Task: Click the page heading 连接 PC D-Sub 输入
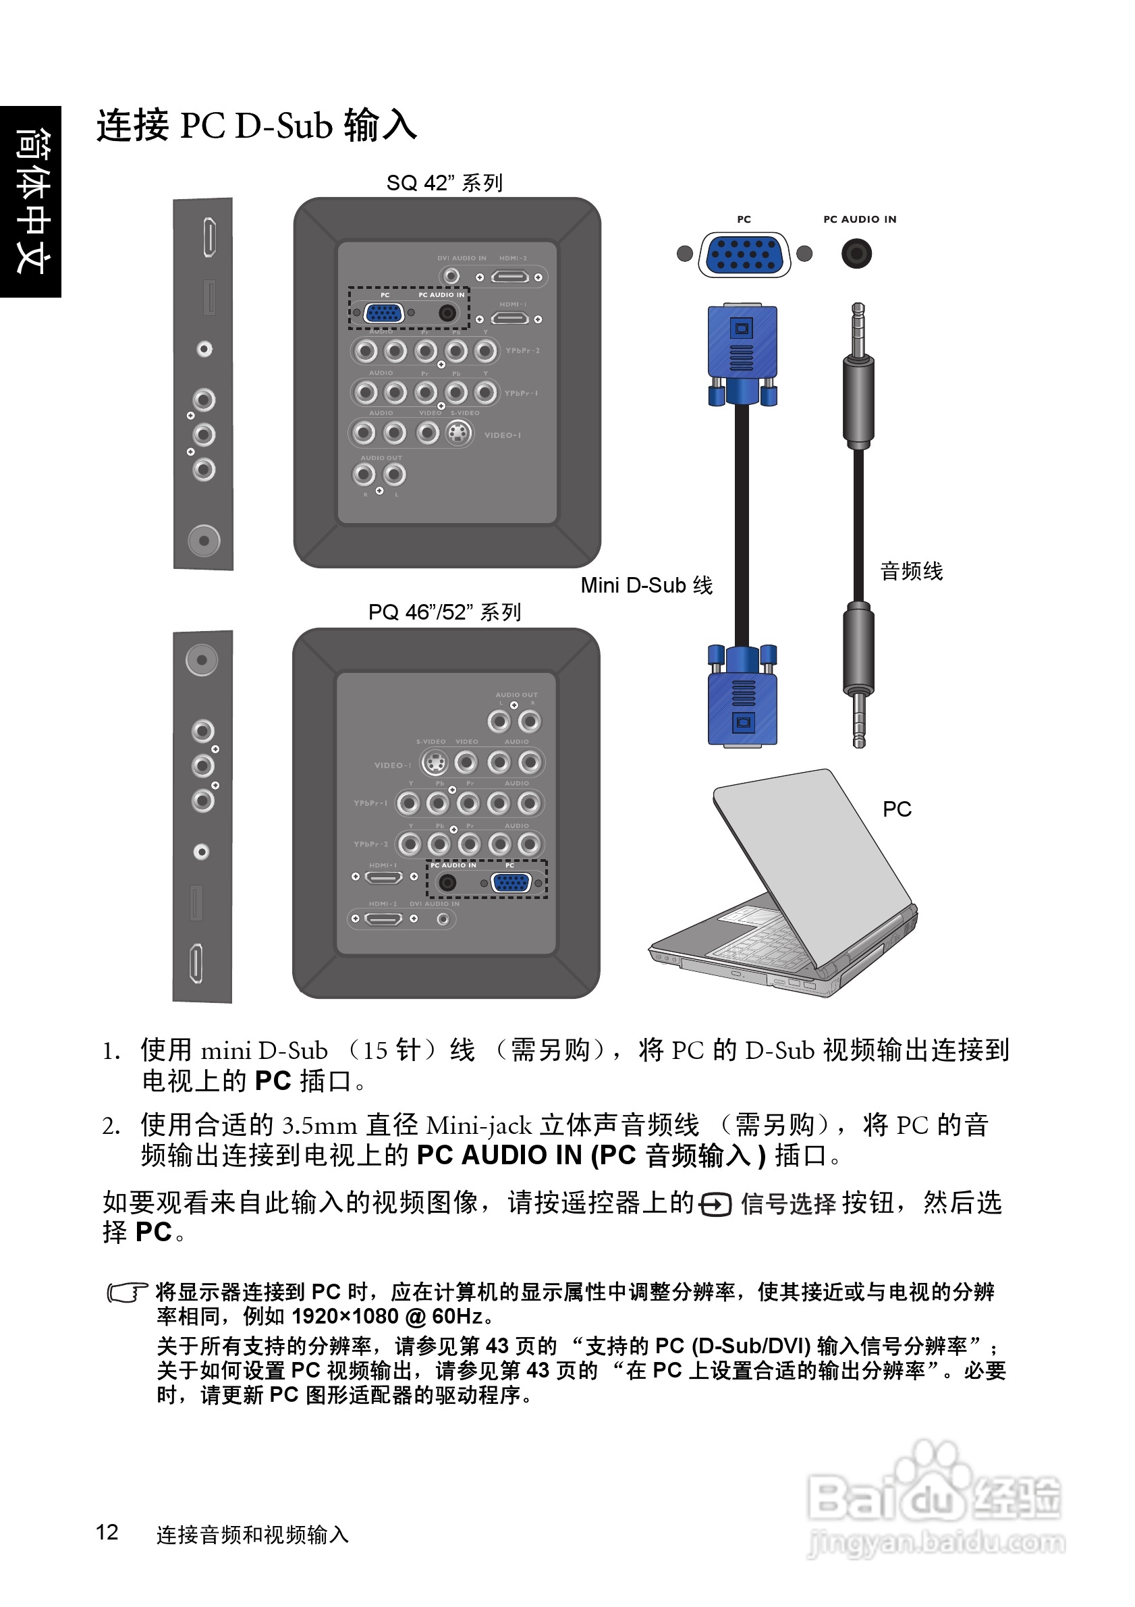pyautogui.click(x=256, y=126)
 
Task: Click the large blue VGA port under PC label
pyautogui.click(x=744, y=254)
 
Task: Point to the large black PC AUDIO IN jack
pyautogui.click(x=856, y=253)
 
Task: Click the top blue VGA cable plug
pyautogui.click(x=742, y=354)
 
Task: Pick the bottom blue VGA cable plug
pyautogui.click(x=742, y=697)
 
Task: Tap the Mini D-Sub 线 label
pyautogui.click(x=646, y=585)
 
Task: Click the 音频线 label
pyautogui.click(x=911, y=571)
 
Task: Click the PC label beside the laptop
pyautogui.click(x=896, y=810)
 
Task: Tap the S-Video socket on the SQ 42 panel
pyautogui.click(x=458, y=434)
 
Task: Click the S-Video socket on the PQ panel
pyautogui.click(x=435, y=762)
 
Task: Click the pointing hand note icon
pyautogui.click(x=127, y=1292)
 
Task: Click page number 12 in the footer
pyautogui.click(x=107, y=1532)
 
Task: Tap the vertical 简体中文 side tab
pyautogui.click(x=32, y=202)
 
